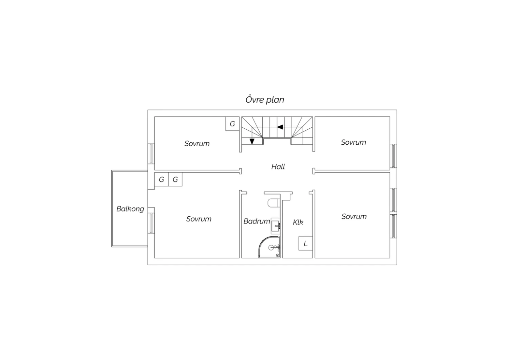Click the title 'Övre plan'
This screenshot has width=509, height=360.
pos(265,100)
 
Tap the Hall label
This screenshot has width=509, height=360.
pos(278,167)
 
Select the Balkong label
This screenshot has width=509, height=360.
pos(130,209)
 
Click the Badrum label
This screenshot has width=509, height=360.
pos(257,221)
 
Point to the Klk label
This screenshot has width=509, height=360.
pos(298,222)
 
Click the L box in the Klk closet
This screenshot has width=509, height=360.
pos(305,243)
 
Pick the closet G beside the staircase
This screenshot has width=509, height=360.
pos(232,124)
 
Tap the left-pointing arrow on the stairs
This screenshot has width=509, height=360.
pos(280,127)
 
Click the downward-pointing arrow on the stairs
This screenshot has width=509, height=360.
pos(252,142)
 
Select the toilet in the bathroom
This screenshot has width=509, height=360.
pos(274,203)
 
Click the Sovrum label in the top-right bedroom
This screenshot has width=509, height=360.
pos(353,142)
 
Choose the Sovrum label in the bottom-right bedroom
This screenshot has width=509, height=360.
pos(354,216)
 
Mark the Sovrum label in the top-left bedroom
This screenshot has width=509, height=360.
pos(197,144)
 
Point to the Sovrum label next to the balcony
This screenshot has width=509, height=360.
pos(199,219)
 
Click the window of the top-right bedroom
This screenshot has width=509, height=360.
pos(393,156)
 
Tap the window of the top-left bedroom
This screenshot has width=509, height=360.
pos(151,154)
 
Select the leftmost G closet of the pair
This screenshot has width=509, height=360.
pos(161,179)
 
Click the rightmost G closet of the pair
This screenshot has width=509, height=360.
pos(175,179)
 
